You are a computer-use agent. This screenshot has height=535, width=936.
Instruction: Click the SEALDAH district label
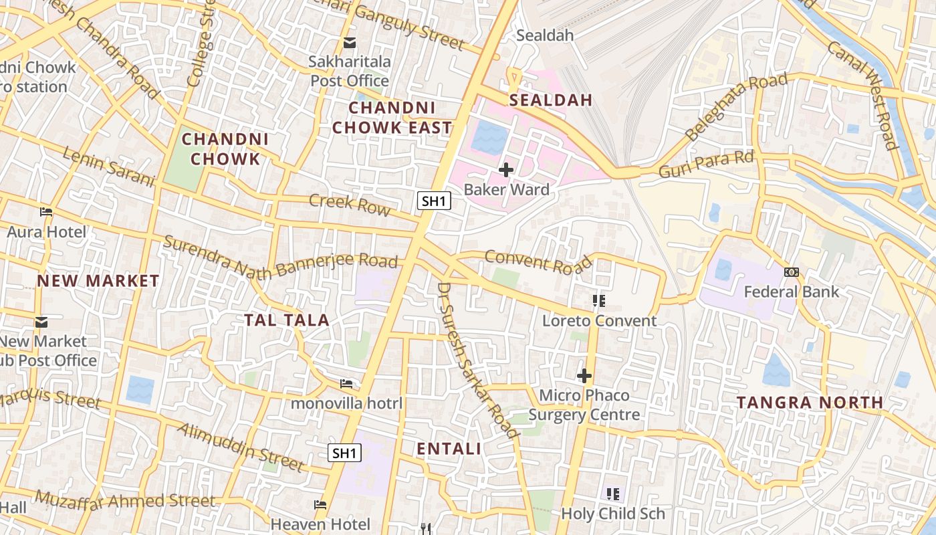tap(551, 100)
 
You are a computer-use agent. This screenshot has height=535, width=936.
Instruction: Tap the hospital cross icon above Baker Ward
tap(506, 170)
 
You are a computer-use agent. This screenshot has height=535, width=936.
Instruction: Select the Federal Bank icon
tap(792, 272)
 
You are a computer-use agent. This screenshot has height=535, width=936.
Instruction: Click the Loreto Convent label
tap(599, 321)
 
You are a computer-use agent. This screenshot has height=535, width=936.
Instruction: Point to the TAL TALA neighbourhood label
tap(287, 320)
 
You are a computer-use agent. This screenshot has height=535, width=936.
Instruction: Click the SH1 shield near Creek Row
tap(435, 201)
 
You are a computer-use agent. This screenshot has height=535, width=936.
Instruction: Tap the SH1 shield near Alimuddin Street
tap(345, 453)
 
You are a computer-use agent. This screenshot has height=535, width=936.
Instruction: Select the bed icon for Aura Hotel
tap(46, 212)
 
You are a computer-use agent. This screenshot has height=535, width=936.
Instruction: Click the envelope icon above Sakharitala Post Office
tap(350, 43)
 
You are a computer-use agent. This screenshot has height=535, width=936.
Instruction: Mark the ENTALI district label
tap(449, 449)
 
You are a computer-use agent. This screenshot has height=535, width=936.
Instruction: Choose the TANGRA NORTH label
tap(810, 403)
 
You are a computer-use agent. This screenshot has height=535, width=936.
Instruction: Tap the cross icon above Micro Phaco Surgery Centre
tap(584, 376)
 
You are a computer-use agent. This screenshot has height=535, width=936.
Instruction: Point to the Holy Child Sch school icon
tap(613, 494)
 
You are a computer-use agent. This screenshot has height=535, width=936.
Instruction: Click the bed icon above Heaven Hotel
tap(320, 504)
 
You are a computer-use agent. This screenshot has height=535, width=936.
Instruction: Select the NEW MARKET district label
tap(98, 281)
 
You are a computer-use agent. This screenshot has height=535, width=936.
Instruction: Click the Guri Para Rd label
tap(707, 164)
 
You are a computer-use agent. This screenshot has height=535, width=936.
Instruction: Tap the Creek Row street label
tap(350, 204)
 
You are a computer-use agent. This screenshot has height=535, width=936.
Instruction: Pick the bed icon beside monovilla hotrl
tap(346, 384)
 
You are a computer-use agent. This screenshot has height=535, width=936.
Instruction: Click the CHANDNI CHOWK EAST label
tap(392, 118)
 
